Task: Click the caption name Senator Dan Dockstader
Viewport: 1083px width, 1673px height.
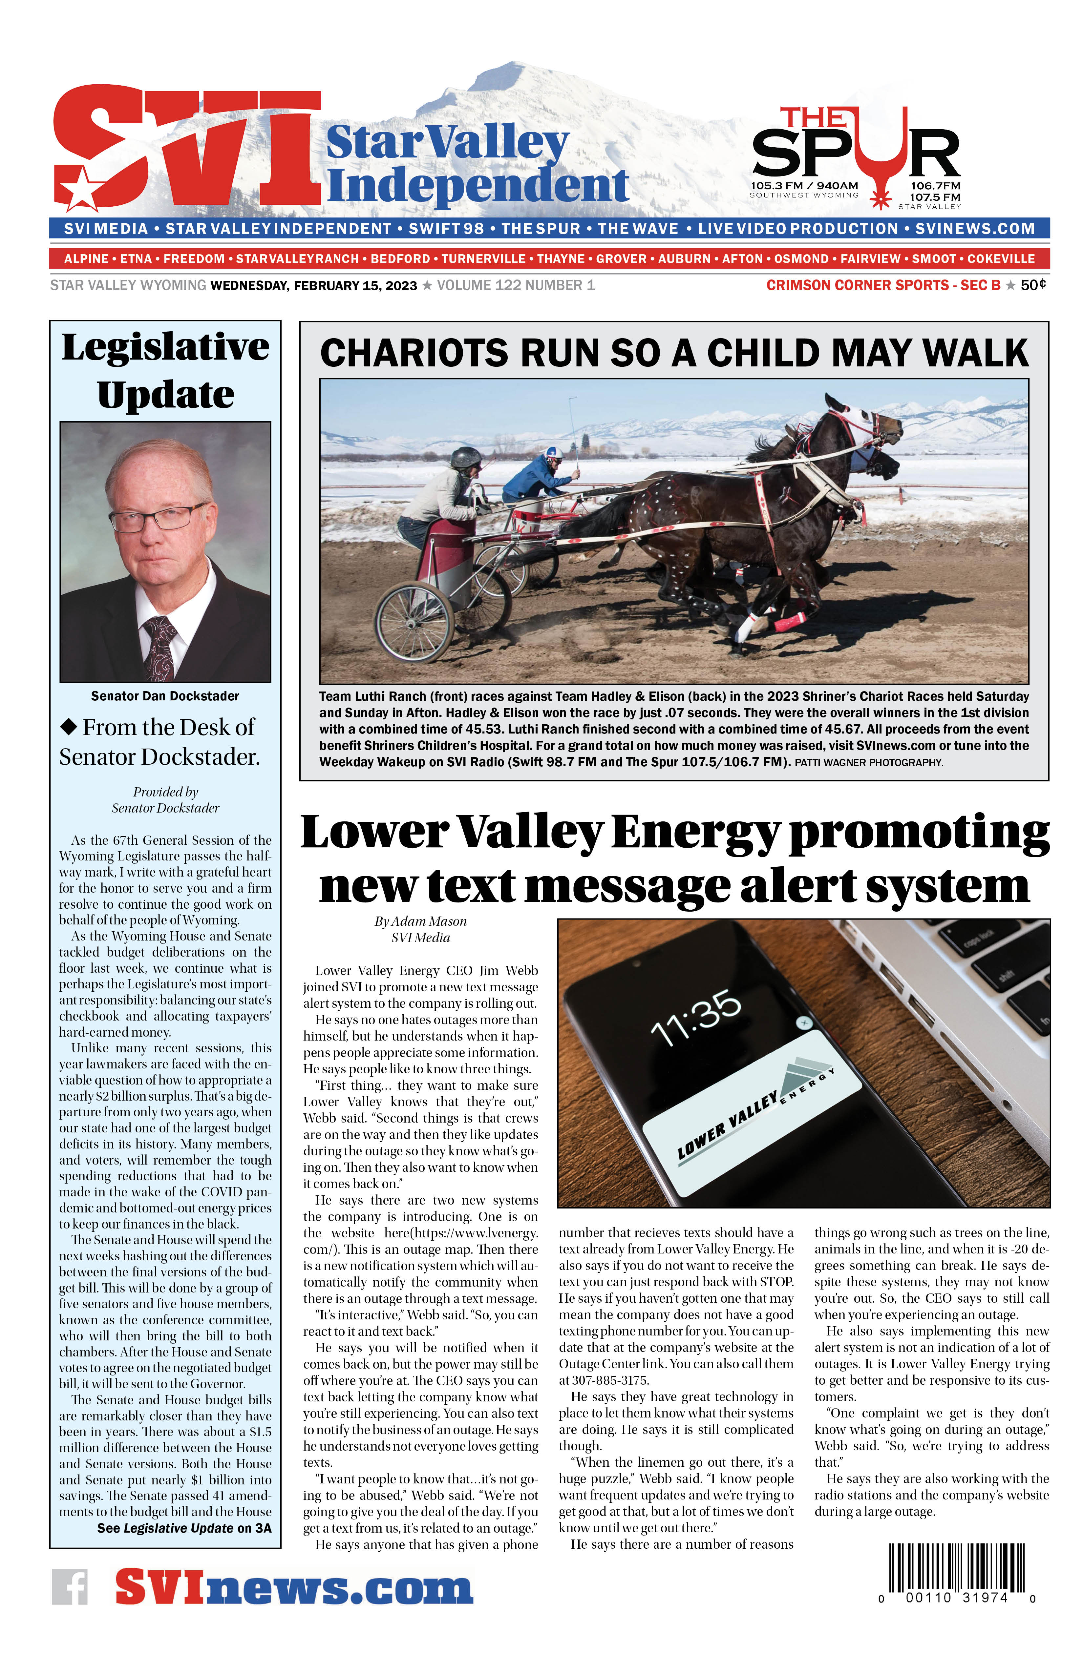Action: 165,696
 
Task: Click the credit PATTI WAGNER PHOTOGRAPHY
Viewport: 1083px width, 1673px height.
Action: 868,763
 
